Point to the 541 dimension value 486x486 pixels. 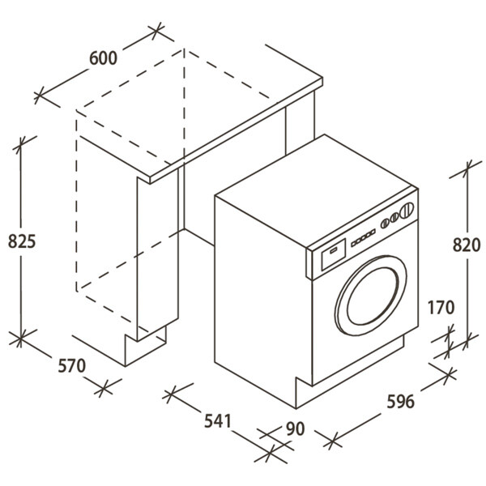click(x=217, y=421)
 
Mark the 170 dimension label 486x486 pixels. click(x=441, y=308)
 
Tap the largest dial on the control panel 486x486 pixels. click(x=407, y=211)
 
